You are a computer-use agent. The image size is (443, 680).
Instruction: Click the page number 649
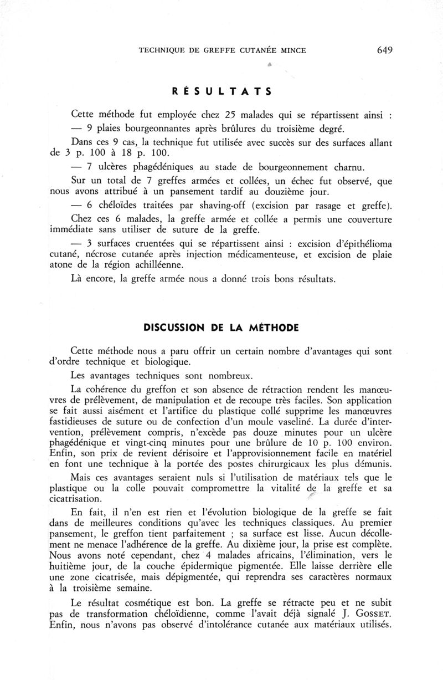click(384, 50)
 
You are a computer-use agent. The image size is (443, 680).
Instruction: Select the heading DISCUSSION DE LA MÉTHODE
click(221, 328)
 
